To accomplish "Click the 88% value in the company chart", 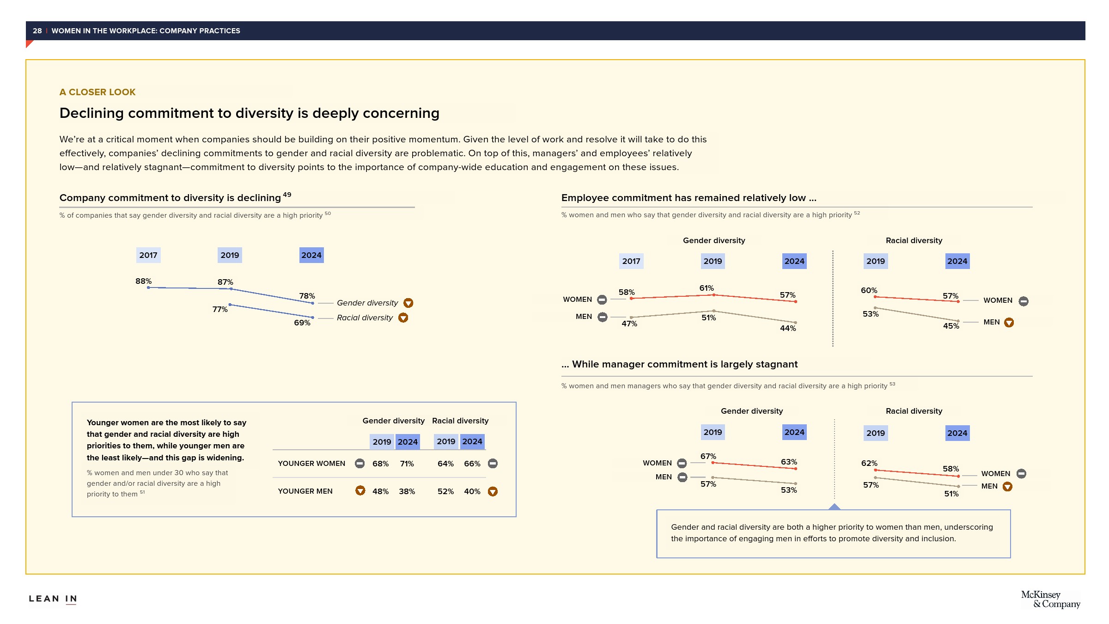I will pos(143,281).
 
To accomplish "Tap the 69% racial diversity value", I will pos(302,323).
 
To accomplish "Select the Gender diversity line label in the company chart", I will pos(367,303).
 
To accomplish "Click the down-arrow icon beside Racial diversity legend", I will pos(403,318).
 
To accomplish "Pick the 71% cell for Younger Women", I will pos(407,464).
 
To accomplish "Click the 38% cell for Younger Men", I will pos(407,491).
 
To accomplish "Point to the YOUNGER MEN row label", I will pos(305,491).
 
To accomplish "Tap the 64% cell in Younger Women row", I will pos(445,464).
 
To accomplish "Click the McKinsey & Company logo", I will pos(1050,599).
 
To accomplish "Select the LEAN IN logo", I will pos(53,599).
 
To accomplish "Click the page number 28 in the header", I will pos(37,31).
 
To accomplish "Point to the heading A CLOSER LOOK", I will pos(97,92).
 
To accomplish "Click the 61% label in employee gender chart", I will pos(707,288).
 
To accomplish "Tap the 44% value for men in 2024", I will pos(788,328).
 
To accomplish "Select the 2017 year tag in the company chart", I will pos(148,255).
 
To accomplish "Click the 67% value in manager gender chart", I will pos(708,456).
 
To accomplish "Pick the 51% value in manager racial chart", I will pos(951,494).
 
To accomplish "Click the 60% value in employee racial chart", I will pos(869,290).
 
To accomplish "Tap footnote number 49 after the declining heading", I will pos(287,195).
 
